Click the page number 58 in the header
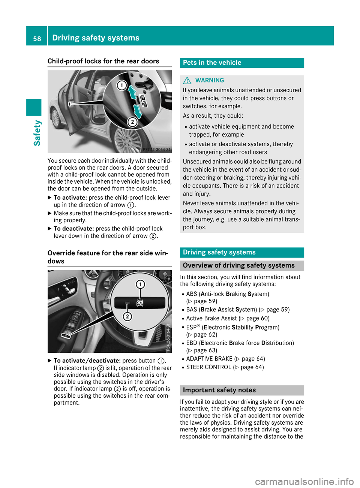click(37, 38)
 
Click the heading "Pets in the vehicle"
click(212, 63)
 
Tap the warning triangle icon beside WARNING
click(187, 80)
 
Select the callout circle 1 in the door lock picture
click(121, 85)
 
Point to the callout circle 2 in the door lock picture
click(132, 122)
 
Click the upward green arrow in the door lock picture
click(132, 92)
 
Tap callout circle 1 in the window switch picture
click(140, 284)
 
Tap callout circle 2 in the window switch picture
click(127, 316)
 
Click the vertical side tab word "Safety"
click(37, 133)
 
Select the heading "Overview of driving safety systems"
click(238, 265)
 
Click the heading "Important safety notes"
click(219, 390)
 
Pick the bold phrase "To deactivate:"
click(74, 229)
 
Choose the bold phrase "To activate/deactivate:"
click(87, 361)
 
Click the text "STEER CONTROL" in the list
click(208, 367)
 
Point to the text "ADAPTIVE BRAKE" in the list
click(209, 359)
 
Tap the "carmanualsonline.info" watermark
click(304, 481)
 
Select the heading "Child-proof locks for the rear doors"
click(103, 61)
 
